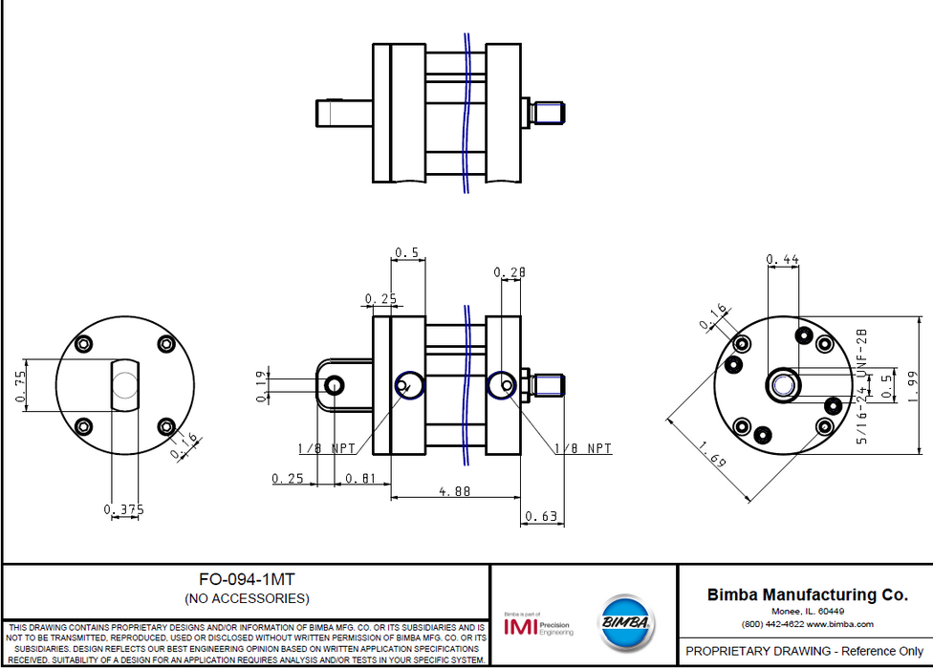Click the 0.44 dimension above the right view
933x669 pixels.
784,259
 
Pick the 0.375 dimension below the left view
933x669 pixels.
123,509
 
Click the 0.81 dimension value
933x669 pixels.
360,478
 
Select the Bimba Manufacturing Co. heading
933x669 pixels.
807,594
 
